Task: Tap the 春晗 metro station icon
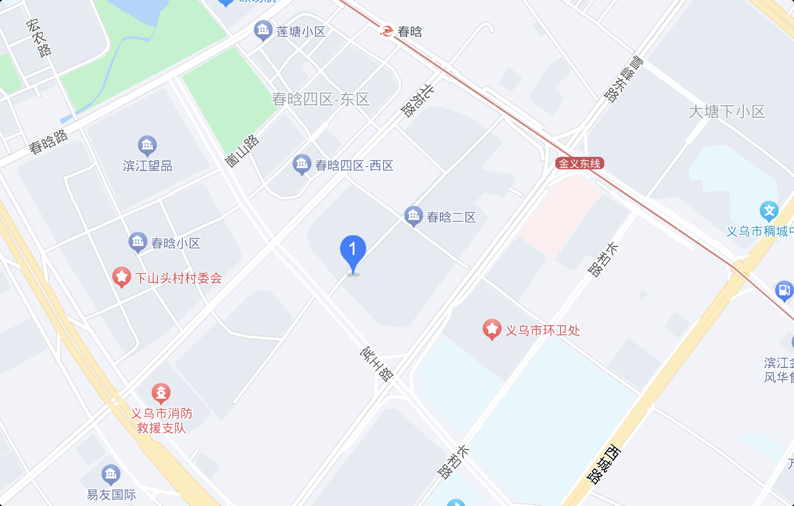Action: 387,31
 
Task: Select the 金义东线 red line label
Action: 579,164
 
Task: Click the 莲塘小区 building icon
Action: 263,30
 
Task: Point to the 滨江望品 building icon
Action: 147,145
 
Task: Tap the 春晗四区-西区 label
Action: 354,166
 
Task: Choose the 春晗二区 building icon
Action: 413,216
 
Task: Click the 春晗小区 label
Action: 176,243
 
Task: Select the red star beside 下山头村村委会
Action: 122,277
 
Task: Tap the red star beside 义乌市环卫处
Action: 492,329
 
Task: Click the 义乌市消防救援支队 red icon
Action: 161,393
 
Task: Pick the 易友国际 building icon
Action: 111,474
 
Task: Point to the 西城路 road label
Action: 604,464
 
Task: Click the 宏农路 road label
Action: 39,38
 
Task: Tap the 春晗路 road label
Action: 48,142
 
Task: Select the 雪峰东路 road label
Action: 624,79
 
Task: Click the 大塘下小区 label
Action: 727,111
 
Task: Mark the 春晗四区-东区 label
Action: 321,99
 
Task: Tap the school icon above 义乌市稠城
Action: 769,211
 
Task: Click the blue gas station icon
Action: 784,290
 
